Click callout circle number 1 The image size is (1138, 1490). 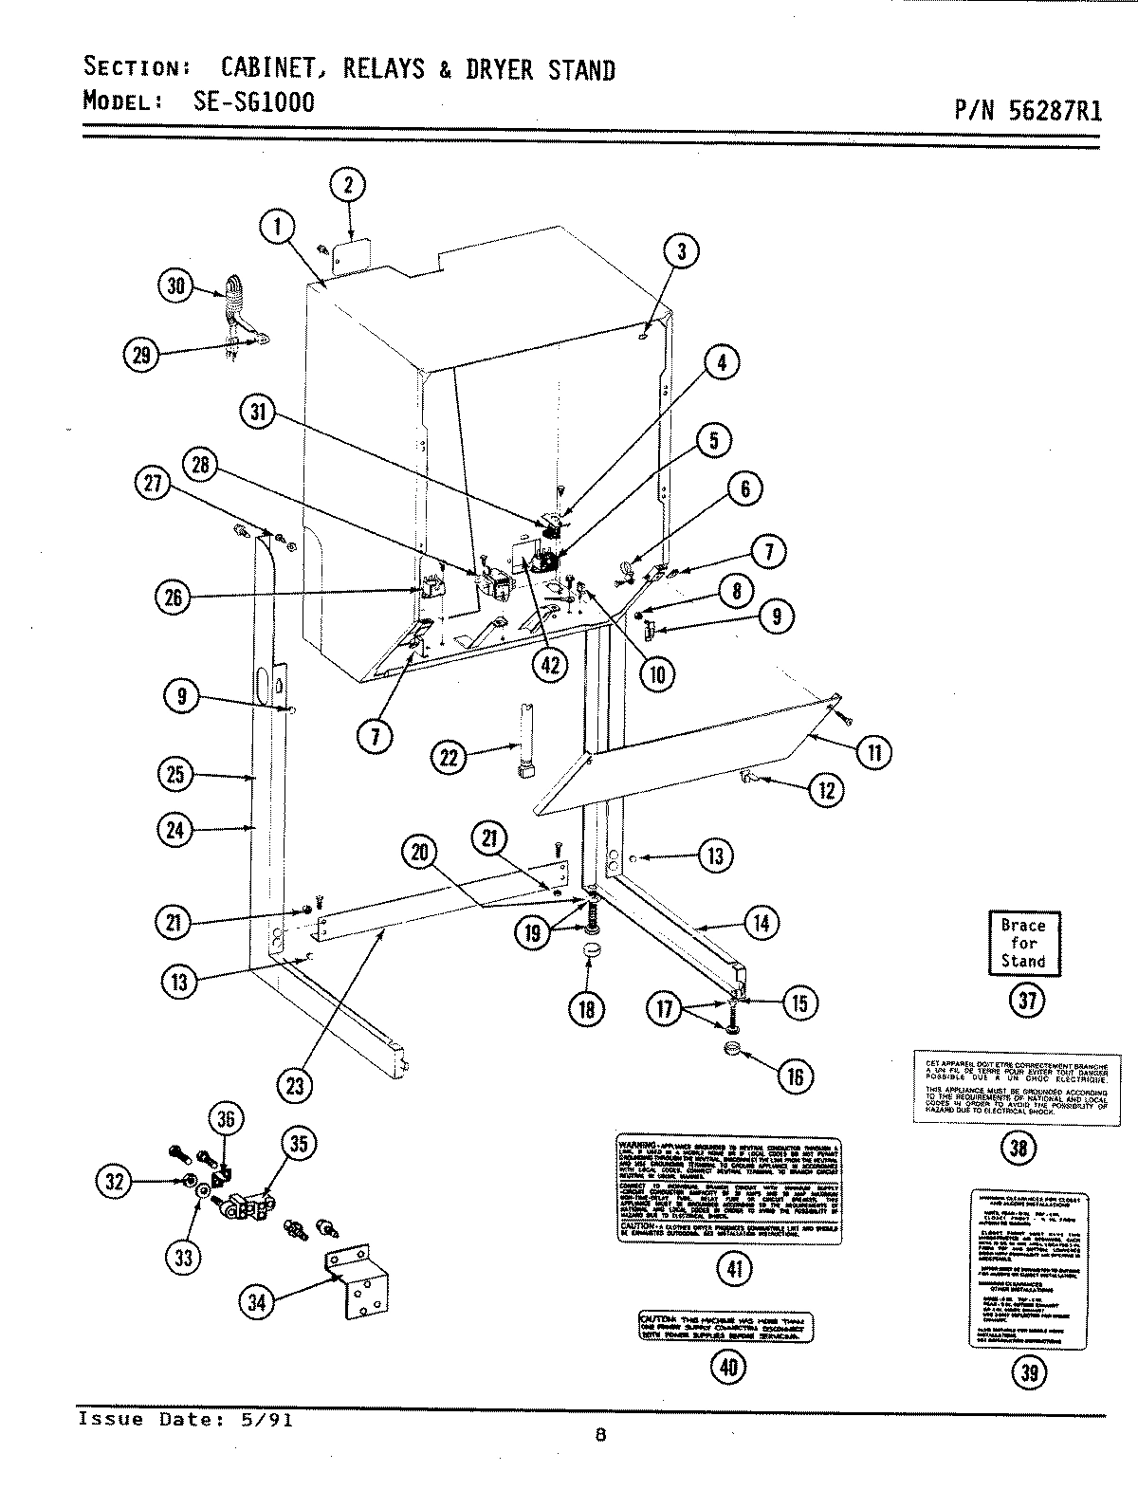tap(277, 228)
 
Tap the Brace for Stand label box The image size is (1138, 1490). tap(1023, 943)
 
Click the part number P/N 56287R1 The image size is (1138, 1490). tap(1027, 111)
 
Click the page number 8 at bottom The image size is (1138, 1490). tap(599, 1435)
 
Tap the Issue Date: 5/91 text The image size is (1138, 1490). tap(185, 1420)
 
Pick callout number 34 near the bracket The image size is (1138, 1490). tap(257, 1303)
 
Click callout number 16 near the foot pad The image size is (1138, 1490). tap(795, 1076)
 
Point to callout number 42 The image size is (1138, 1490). tap(549, 665)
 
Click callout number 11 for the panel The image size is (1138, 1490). tap(873, 753)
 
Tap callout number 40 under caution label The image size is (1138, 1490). tap(727, 1366)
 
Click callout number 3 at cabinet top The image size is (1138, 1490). tap(680, 251)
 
